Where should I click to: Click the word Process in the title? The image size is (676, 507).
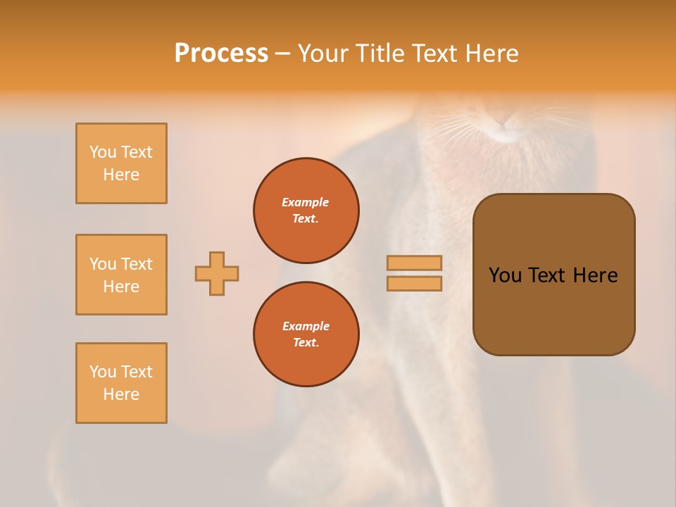pos(221,54)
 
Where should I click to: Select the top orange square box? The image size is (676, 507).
pos(121,163)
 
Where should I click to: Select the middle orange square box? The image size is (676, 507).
pos(121,275)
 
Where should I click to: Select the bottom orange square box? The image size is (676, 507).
pos(121,383)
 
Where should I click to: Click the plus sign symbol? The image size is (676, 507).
pos(217,273)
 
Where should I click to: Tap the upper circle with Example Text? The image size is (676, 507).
pos(306,211)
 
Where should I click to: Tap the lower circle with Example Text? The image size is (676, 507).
pos(306,334)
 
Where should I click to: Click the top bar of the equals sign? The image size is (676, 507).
pos(415,263)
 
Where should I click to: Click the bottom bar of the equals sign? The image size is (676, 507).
pos(415,283)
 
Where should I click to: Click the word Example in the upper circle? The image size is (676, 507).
pos(305,202)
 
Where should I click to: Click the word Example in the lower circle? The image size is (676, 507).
pos(306,326)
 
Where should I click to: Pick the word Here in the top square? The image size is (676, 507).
pos(121,175)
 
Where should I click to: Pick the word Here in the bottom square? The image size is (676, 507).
pos(121,394)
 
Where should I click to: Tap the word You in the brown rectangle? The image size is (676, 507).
pos(506,275)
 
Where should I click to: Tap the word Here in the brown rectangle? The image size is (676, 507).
pos(595,275)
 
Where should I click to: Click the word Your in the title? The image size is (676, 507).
pos(323,54)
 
